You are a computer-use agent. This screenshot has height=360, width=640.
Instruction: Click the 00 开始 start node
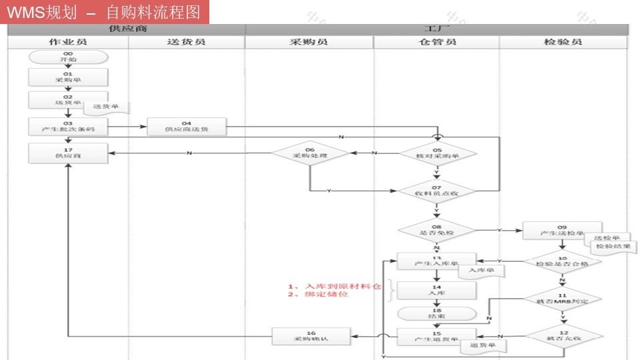click(68, 57)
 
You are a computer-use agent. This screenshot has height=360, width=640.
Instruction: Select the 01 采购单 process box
click(68, 77)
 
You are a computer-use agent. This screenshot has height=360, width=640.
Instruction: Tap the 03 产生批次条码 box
click(68, 127)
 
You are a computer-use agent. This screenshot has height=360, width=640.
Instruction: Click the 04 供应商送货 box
click(187, 127)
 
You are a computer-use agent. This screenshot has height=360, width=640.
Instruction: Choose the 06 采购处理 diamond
click(310, 153)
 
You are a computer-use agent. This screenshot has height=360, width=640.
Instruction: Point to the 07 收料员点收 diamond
click(437, 191)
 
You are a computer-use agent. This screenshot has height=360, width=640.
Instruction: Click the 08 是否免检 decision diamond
click(437, 231)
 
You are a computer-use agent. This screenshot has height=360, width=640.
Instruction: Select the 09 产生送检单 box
click(562, 231)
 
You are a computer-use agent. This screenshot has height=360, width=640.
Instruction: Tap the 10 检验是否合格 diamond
click(562, 262)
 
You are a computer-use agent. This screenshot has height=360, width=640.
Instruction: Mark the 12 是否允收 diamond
click(562, 335)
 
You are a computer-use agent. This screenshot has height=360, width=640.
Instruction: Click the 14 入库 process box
click(437, 290)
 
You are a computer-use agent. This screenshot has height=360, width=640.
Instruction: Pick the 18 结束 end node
click(437, 313)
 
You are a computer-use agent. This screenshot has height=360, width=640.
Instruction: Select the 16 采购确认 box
click(311, 337)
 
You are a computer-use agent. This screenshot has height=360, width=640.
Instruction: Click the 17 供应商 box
click(68, 153)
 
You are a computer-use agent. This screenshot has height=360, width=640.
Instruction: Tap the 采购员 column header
click(309, 42)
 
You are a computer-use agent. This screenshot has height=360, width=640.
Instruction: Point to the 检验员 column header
click(563, 42)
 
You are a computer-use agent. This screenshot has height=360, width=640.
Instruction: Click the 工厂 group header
click(437, 29)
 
